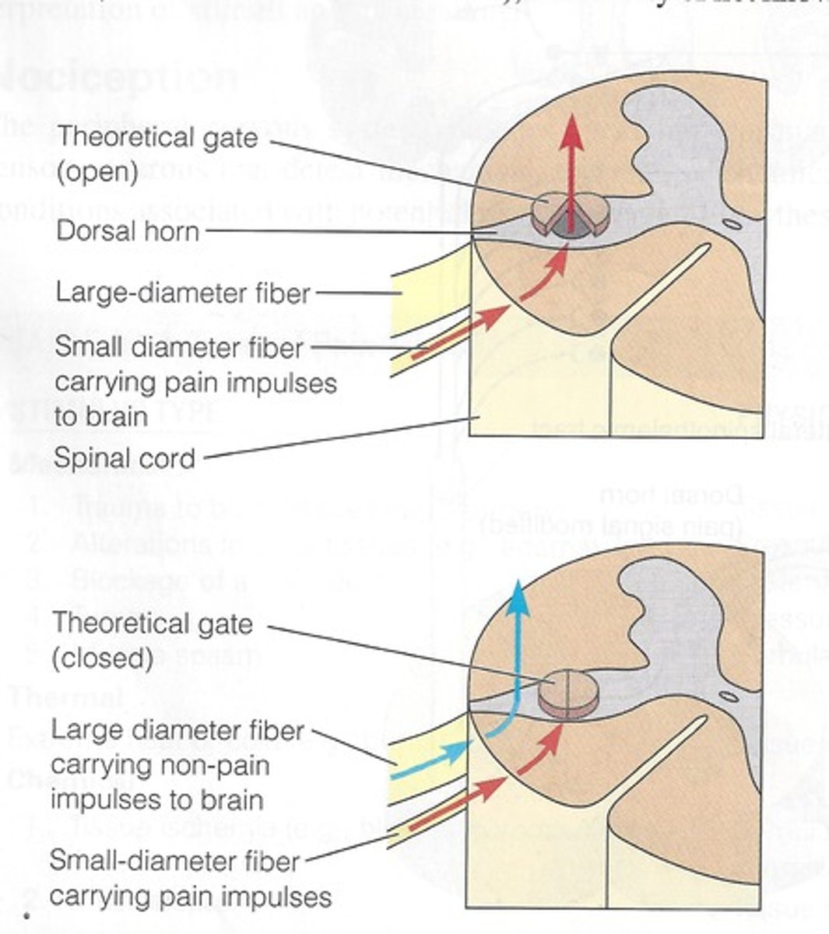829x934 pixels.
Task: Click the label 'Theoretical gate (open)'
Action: (x=156, y=154)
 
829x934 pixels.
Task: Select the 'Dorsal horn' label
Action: (x=128, y=231)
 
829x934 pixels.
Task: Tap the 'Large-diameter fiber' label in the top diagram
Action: (x=183, y=293)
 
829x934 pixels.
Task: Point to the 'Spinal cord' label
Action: (x=125, y=458)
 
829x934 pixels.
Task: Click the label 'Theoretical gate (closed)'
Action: (x=152, y=641)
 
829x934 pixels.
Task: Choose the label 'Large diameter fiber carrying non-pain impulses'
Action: (x=177, y=765)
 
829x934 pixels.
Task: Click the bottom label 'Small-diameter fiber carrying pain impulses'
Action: (x=190, y=879)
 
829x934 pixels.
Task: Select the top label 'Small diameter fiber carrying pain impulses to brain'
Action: (x=195, y=381)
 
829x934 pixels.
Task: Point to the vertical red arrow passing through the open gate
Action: (x=572, y=171)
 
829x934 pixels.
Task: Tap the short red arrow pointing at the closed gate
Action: (x=542, y=752)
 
